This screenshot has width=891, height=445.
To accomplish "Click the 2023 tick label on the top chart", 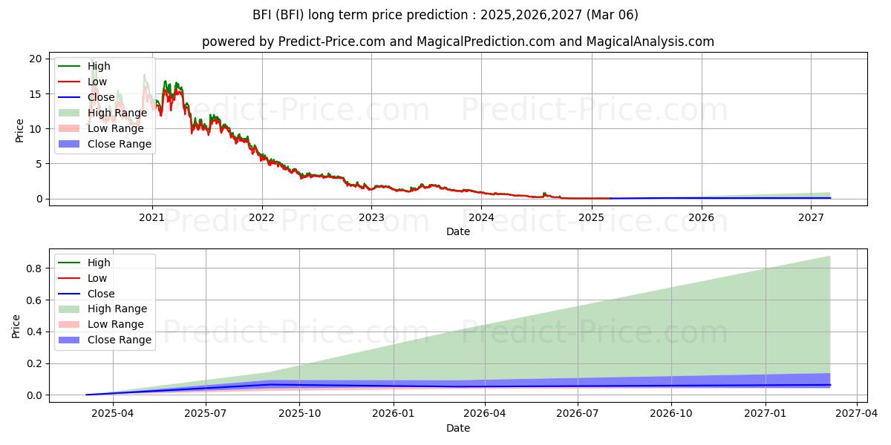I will (x=371, y=217).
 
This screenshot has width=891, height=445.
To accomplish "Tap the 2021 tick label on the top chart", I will (x=152, y=217).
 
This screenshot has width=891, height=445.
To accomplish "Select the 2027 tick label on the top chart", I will (x=811, y=217).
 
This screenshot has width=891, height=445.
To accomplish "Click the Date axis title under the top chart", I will (x=458, y=231).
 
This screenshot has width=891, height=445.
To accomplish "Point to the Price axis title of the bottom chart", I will (x=16, y=326).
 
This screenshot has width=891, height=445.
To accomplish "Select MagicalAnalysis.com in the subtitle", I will (x=650, y=42).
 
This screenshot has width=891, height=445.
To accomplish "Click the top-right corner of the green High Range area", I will (x=829, y=256).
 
